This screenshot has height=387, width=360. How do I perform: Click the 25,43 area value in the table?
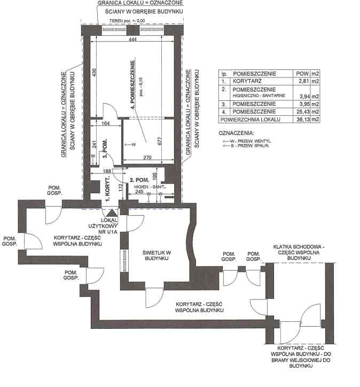coord(302,111)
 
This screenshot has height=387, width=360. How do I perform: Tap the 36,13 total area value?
coord(302,119)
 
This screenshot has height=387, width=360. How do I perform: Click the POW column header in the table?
coord(302,73)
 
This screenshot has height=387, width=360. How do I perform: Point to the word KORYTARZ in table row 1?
coord(246,81)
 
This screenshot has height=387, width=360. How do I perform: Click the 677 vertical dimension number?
coord(159,141)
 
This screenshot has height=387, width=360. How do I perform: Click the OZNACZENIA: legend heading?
coord(237,132)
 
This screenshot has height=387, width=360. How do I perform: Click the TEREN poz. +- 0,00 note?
coord(127,21)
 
